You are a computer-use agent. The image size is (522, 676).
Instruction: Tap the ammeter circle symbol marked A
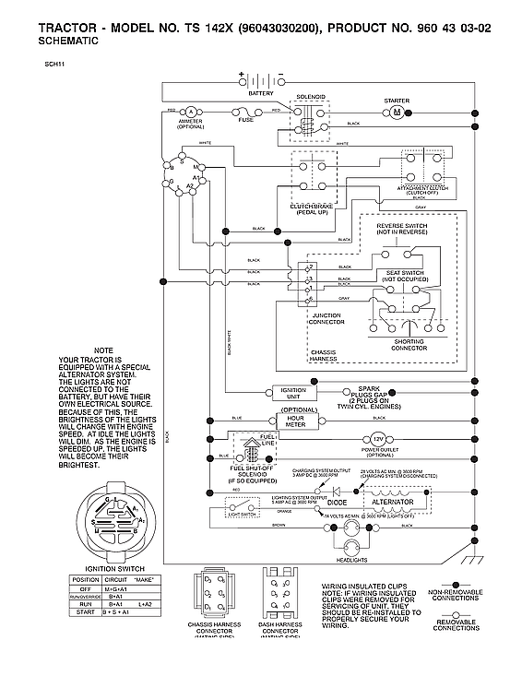[190, 111]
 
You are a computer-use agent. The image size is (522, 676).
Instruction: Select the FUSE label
[246, 120]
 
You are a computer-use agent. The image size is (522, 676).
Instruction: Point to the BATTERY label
[261, 93]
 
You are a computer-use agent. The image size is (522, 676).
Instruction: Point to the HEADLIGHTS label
[350, 561]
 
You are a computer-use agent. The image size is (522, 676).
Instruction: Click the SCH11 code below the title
[53, 65]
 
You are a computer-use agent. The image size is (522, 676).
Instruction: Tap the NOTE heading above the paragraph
[103, 350]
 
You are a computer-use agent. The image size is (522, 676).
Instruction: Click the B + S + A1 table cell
[117, 611]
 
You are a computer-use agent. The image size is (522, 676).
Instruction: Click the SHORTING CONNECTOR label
[409, 345]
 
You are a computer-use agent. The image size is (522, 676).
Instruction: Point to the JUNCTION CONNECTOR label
[326, 319]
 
